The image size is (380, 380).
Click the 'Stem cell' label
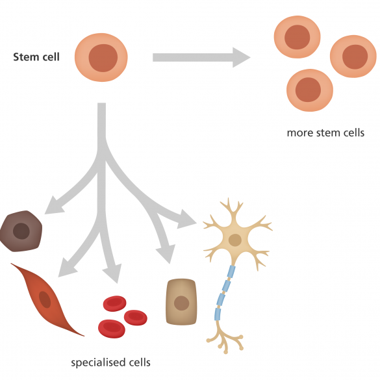(x=36, y=57)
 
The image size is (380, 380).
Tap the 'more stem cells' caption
(x=325, y=133)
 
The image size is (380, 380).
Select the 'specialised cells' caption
(x=110, y=362)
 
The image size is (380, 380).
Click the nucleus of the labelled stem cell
(x=103, y=58)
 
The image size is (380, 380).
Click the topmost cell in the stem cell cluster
(x=297, y=37)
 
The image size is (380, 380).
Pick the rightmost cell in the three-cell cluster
(x=353, y=57)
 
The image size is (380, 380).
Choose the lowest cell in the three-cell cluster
(x=310, y=90)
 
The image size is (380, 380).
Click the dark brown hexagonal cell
(x=21, y=231)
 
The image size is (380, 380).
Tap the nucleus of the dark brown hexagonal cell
(x=21, y=231)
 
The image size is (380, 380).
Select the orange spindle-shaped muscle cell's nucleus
(x=45, y=299)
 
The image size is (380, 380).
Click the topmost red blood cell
(x=114, y=303)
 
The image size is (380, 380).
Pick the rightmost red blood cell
(x=136, y=318)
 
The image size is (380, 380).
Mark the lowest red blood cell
(x=112, y=329)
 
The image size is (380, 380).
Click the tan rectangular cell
(x=181, y=301)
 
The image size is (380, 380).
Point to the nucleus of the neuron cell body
(x=235, y=240)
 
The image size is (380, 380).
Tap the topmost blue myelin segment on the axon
(x=231, y=272)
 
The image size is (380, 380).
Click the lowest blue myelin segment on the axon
(x=218, y=314)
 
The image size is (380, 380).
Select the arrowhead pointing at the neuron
(x=186, y=220)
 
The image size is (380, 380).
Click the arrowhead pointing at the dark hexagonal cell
(x=53, y=206)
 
